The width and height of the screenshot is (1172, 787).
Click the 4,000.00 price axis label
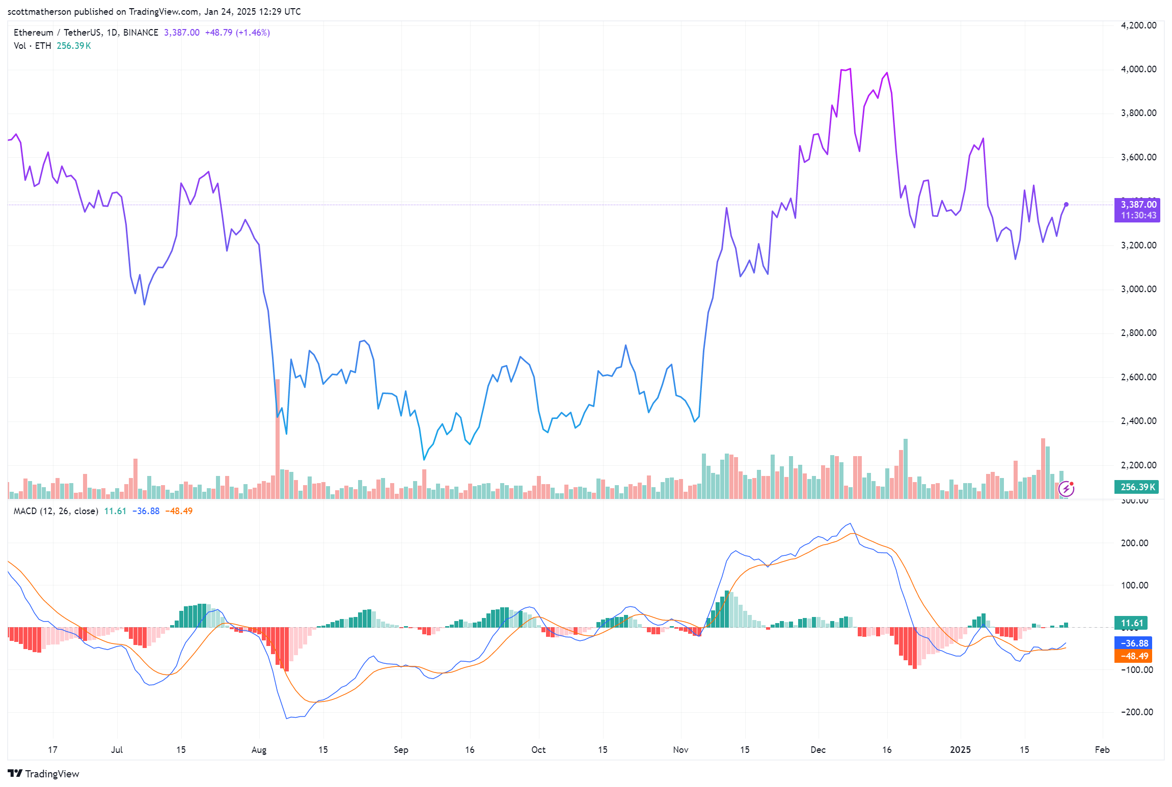(x=1138, y=69)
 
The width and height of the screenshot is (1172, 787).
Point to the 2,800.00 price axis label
(x=1138, y=333)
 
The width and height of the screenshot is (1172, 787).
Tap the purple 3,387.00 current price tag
(x=1138, y=205)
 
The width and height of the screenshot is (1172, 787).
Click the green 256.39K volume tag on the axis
(x=1137, y=487)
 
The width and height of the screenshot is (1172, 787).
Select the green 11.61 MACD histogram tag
(x=1132, y=623)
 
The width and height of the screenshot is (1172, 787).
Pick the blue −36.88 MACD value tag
(x=1133, y=643)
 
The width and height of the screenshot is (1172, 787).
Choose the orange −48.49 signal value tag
(x=1133, y=656)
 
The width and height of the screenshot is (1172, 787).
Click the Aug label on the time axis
(x=259, y=750)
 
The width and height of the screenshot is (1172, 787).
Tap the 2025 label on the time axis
(x=960, y=750)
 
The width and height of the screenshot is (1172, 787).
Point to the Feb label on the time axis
(x=1102, y=750)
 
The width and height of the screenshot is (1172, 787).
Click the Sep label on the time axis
(x=401, y=750)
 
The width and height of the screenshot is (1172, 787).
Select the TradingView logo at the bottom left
(x=44, y=774)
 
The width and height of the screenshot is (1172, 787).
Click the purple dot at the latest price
(x=1066, y=205)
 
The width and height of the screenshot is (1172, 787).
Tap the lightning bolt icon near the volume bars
(x=1066, y=489)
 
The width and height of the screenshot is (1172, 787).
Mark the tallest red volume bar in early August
(x=278, y=438)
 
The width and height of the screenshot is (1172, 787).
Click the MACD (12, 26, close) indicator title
(x=56, y=511)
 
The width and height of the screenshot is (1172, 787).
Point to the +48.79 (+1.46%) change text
(x=237, y=33)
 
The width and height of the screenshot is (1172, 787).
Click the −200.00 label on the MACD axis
(x=1137, y=712)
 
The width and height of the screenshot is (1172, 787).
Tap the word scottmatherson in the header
(x=39, y=11)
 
